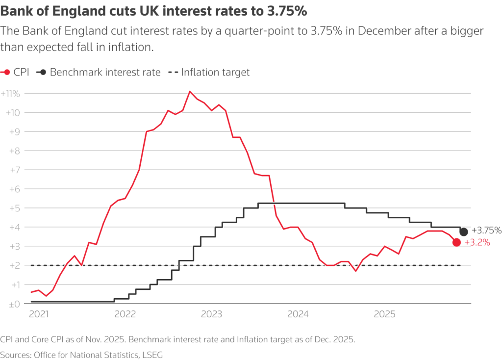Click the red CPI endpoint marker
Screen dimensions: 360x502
(456, 242)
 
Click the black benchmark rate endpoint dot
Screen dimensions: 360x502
(463, 231)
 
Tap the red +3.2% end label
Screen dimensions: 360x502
(477, 242)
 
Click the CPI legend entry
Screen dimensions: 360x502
(16, 72)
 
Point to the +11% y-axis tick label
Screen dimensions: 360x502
(10, 93)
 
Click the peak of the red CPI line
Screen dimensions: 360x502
(190, 91)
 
